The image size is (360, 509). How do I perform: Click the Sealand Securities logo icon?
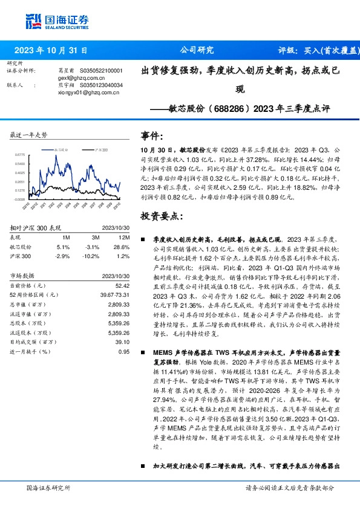(x=34, y=21)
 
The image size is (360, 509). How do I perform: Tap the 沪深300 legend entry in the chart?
(x=101, y=149)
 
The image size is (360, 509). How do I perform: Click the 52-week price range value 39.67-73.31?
(x=116, y=293)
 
